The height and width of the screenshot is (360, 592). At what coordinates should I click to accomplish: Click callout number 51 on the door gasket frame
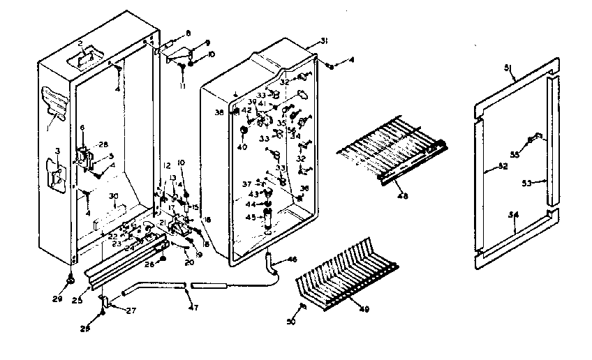508,68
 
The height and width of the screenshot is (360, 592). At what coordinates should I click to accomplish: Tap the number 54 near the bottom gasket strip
514,217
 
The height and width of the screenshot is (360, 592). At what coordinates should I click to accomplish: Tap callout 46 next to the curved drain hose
292,260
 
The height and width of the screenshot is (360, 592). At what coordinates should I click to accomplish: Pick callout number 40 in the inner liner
242,147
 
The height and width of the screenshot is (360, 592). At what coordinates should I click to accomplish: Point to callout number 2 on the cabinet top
81,45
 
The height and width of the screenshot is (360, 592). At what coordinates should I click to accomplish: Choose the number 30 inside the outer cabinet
113,196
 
